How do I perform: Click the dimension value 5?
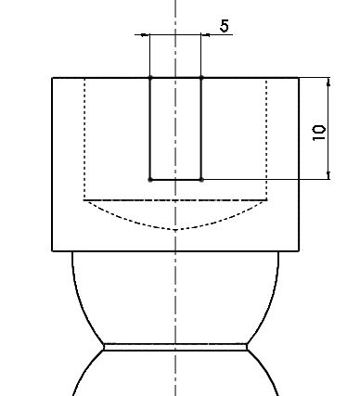click(225, 26)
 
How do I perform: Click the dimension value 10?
click(319, 133)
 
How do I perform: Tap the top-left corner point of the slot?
click(150, 77)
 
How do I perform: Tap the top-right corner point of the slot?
click(201, 77)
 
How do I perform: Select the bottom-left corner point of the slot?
click(150, 179)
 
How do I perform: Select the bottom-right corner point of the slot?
click(201, 179)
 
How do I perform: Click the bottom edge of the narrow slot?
click(175, 179)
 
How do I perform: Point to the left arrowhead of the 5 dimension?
click(145, 35)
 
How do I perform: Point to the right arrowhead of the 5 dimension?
click(205, 35)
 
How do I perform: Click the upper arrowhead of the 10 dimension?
click(328, 82)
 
